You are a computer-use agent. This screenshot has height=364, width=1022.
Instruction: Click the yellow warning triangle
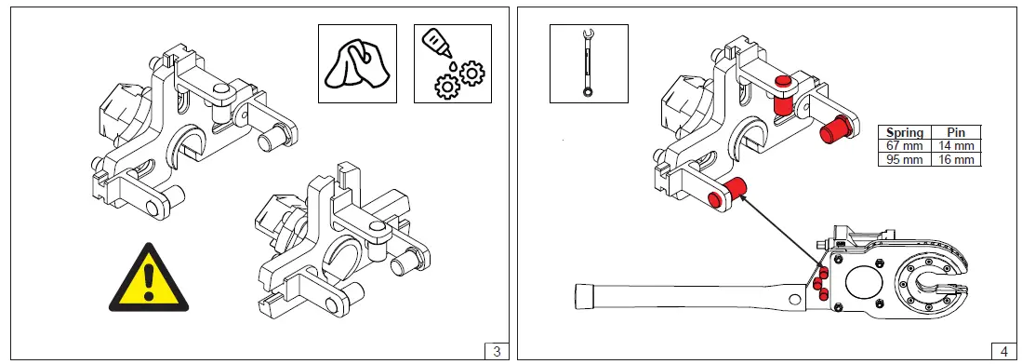click(x=149, y=280)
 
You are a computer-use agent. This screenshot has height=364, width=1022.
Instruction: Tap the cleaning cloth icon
click(x=357, y=63)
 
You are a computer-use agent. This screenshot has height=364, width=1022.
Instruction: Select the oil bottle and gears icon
click(x=453, y=63)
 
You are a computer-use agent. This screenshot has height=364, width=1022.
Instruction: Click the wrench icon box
click(x=589, y=63)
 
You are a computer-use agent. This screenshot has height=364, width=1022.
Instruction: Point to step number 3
click(x=497, y=351)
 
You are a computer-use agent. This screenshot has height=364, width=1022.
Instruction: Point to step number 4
click(x=1003, y=351)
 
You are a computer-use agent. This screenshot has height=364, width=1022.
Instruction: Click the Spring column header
click(x=905, y=132)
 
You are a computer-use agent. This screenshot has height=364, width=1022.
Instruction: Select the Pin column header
click(x=956, y=132)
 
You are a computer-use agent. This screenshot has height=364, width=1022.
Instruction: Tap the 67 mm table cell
click(x=905, y=145)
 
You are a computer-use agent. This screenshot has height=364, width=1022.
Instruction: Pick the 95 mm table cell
click(x=905, y=159)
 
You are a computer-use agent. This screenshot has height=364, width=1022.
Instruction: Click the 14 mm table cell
click(x=956, y=145)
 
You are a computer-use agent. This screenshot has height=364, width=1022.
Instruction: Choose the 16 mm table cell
click(x=956, y=159)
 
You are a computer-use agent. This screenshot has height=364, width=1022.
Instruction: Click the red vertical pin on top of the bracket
click(x=782, y=97)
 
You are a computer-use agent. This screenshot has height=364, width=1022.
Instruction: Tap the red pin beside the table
click(x=834, y=128)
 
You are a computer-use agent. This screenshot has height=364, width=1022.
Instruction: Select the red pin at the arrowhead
click(x=726, y=193)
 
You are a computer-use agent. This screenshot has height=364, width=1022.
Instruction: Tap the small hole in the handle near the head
click(x=794, y=300)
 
